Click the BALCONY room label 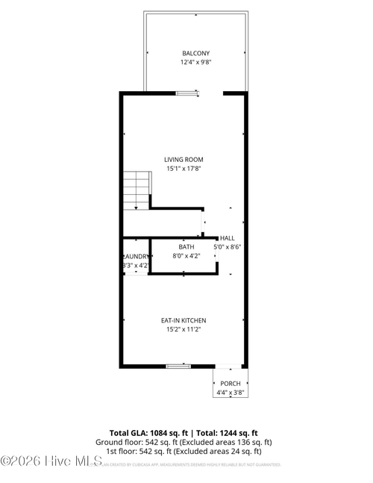coord(195,53)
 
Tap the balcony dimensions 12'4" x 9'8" coord(195,63)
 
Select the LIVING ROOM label coord(184,159)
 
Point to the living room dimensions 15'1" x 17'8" coord(184,169)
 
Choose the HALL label coord(227,237)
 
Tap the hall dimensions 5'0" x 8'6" coord(228,246)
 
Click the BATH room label coord(186,246)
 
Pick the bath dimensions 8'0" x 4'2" coord(186,255)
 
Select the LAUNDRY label coord(136,256)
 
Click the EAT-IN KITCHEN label coord(184,320)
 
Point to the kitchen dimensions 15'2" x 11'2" coord(184,329)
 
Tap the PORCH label coord(230,383)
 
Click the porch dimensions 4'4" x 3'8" coord(230,392)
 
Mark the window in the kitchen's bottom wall coord(178,366)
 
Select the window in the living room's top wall coord(187,93)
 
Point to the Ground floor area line coord(184,442)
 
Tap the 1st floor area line coord(184,451)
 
